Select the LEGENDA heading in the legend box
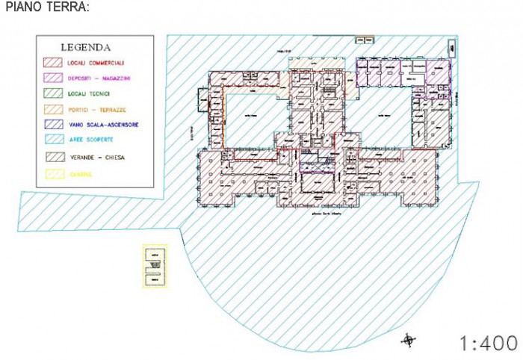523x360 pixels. click(86, 47)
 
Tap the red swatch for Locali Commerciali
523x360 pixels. click(53, 62)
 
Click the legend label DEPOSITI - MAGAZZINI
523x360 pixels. click(99, 78)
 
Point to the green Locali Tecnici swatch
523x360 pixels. click(53, 93)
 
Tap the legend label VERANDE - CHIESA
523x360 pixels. click(96, 158)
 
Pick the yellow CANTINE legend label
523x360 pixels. click(80, 174)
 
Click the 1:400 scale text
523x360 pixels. click(488, 343)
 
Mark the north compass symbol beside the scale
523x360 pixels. click(408, 341)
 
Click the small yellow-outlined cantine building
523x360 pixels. click(155, 265)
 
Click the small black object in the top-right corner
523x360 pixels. click(453, 47)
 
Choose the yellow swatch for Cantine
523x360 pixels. click(53, 174)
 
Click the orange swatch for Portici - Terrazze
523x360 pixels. click(53, 109)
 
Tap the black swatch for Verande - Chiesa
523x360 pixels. click(53, 158)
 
